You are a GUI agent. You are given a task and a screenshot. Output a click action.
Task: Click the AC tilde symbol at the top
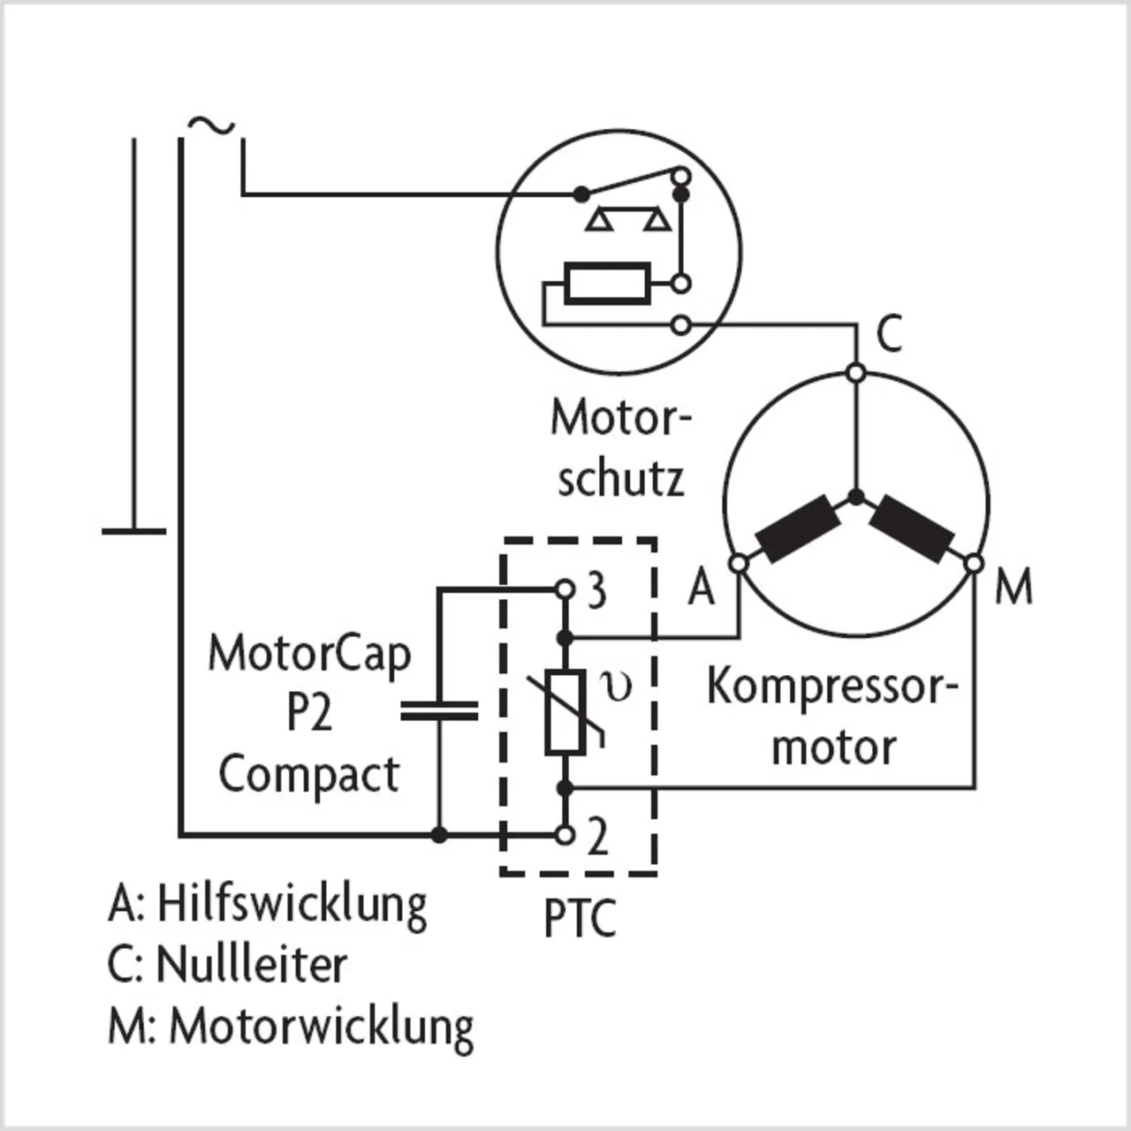211,125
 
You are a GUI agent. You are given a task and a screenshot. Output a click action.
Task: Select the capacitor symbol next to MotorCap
439,710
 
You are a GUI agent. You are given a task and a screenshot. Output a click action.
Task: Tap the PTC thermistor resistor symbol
565,711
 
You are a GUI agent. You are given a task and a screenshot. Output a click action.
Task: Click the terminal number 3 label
596,592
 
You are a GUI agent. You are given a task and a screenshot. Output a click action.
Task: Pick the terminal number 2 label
597,839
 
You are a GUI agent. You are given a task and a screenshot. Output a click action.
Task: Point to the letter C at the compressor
889,334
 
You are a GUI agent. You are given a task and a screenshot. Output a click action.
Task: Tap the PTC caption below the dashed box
580,919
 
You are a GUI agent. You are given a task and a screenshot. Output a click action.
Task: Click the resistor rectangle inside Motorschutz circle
607,284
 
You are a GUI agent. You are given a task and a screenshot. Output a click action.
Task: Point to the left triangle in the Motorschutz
600,220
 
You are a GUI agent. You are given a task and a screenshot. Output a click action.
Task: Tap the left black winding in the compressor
798,528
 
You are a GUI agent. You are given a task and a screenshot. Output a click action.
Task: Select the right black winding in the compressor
912,528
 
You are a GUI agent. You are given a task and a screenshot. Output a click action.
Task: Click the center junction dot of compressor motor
857,497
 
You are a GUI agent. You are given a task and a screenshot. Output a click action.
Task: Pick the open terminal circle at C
857,373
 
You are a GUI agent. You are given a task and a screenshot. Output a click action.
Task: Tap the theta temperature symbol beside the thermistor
616,687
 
